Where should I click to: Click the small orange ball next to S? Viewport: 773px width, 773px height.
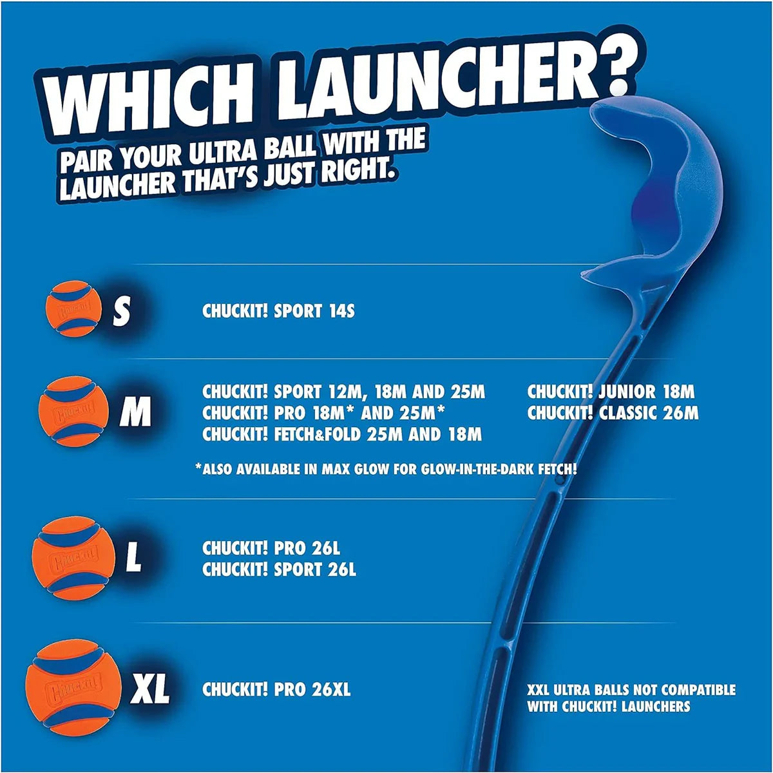(73, 309)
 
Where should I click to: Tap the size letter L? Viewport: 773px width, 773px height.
(133, 558)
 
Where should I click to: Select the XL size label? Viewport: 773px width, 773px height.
(150, 689)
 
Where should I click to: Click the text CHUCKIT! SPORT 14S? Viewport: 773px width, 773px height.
(278, 311)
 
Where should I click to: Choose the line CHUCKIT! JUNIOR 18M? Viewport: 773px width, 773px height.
(611, 392)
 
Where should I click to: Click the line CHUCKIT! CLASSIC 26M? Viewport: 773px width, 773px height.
(613, 413)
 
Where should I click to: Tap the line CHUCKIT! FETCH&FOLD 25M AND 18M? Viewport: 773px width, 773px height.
(341, 434)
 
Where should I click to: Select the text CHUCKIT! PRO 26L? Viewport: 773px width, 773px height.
(271, 549)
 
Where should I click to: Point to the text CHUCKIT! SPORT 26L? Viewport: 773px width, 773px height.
(278, 569)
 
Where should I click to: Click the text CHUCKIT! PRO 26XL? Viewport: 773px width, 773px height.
(276, 689)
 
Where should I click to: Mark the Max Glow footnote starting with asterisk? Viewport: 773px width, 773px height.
(385, 469)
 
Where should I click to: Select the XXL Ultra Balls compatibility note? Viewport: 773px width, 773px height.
(631, 698)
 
